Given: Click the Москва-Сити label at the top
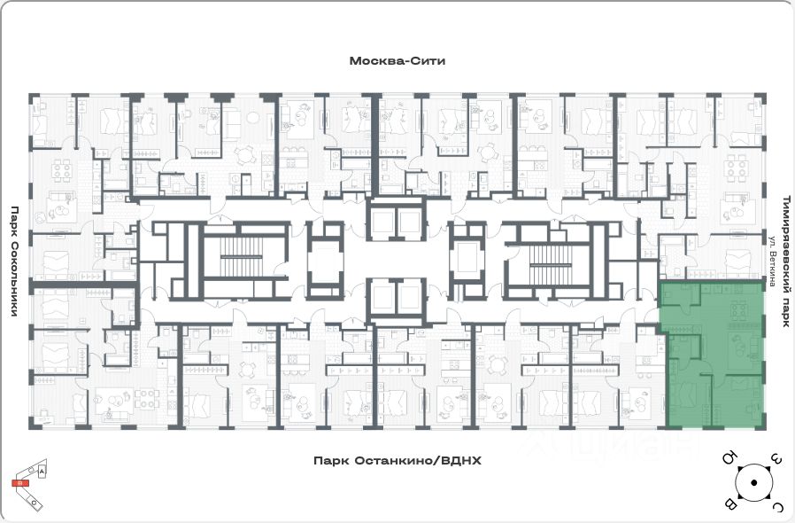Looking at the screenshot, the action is coord(397,61).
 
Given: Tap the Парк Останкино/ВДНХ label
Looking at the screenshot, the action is coord(389,461).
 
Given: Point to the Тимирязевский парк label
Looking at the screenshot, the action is coord(784,261).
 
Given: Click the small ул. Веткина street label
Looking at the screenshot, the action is coord(772,261).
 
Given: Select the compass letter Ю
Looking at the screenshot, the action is coord(729,459).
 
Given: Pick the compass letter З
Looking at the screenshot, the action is coord(776,459).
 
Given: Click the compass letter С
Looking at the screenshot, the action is coord(776,506).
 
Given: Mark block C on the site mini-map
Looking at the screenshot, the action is coord(34,503).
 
